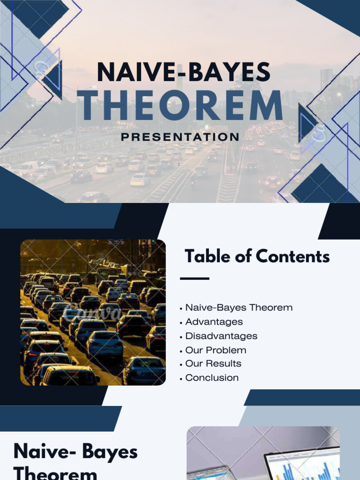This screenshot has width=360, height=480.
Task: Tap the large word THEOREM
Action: tap(180, 105)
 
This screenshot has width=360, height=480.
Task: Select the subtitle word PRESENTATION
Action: tap(180, 137)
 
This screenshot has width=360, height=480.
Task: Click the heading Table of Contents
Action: tap(257, 256)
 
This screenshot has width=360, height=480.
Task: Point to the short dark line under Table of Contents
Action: tap(195, 278)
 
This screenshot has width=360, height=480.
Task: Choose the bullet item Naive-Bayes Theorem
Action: tap(239, 308)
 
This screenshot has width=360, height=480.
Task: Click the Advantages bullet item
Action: tap(214, 322)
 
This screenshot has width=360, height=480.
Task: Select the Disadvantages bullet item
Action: tap(221, 336)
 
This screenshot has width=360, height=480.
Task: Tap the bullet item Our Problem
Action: tap(216, 350)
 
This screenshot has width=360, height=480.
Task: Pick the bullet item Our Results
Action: tap(213, 364)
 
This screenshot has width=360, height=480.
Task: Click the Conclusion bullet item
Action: tap(212, 378)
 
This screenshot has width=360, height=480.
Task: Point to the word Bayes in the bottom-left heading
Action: tap(110, 452)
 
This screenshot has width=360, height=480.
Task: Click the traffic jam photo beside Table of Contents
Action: tap(93, 313)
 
